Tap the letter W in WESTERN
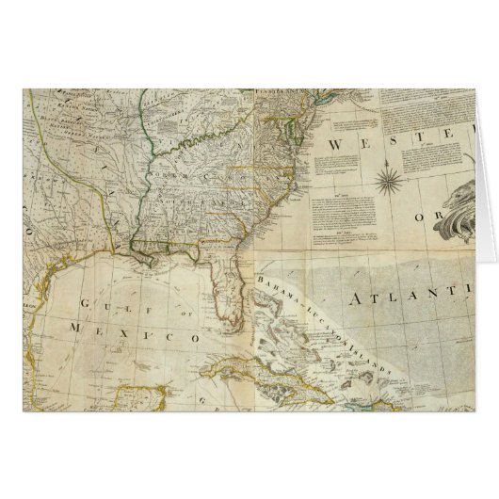337,144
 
